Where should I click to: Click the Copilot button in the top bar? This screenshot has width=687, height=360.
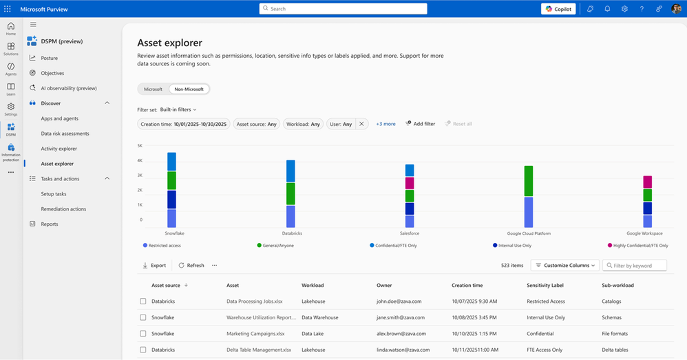tap(558, 9)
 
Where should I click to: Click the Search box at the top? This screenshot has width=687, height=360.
tap(343, 9)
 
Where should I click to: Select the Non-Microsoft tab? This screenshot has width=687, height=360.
tap(190, 89)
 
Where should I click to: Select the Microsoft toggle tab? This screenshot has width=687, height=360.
tap(153, 89)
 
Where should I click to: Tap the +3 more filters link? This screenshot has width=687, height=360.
tap(385, 124)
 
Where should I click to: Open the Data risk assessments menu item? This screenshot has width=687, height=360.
tap(65, 134)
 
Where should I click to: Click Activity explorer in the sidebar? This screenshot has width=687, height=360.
tap(59, 149)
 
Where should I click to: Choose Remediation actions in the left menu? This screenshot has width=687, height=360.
tap(63, 209)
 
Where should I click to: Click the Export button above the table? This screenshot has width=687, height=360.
tap(154, 265)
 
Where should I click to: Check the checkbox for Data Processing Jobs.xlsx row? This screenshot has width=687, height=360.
tap(143, 301)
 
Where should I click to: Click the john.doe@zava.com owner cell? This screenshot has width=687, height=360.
tap(399, 301)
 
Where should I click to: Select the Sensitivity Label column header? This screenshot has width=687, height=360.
tap(545, 285)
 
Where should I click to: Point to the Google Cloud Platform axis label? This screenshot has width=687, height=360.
tap(528, 233)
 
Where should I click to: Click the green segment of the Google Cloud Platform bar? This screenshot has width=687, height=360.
tap(529, 181)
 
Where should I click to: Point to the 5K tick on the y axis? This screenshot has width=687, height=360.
tap(140, 146)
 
